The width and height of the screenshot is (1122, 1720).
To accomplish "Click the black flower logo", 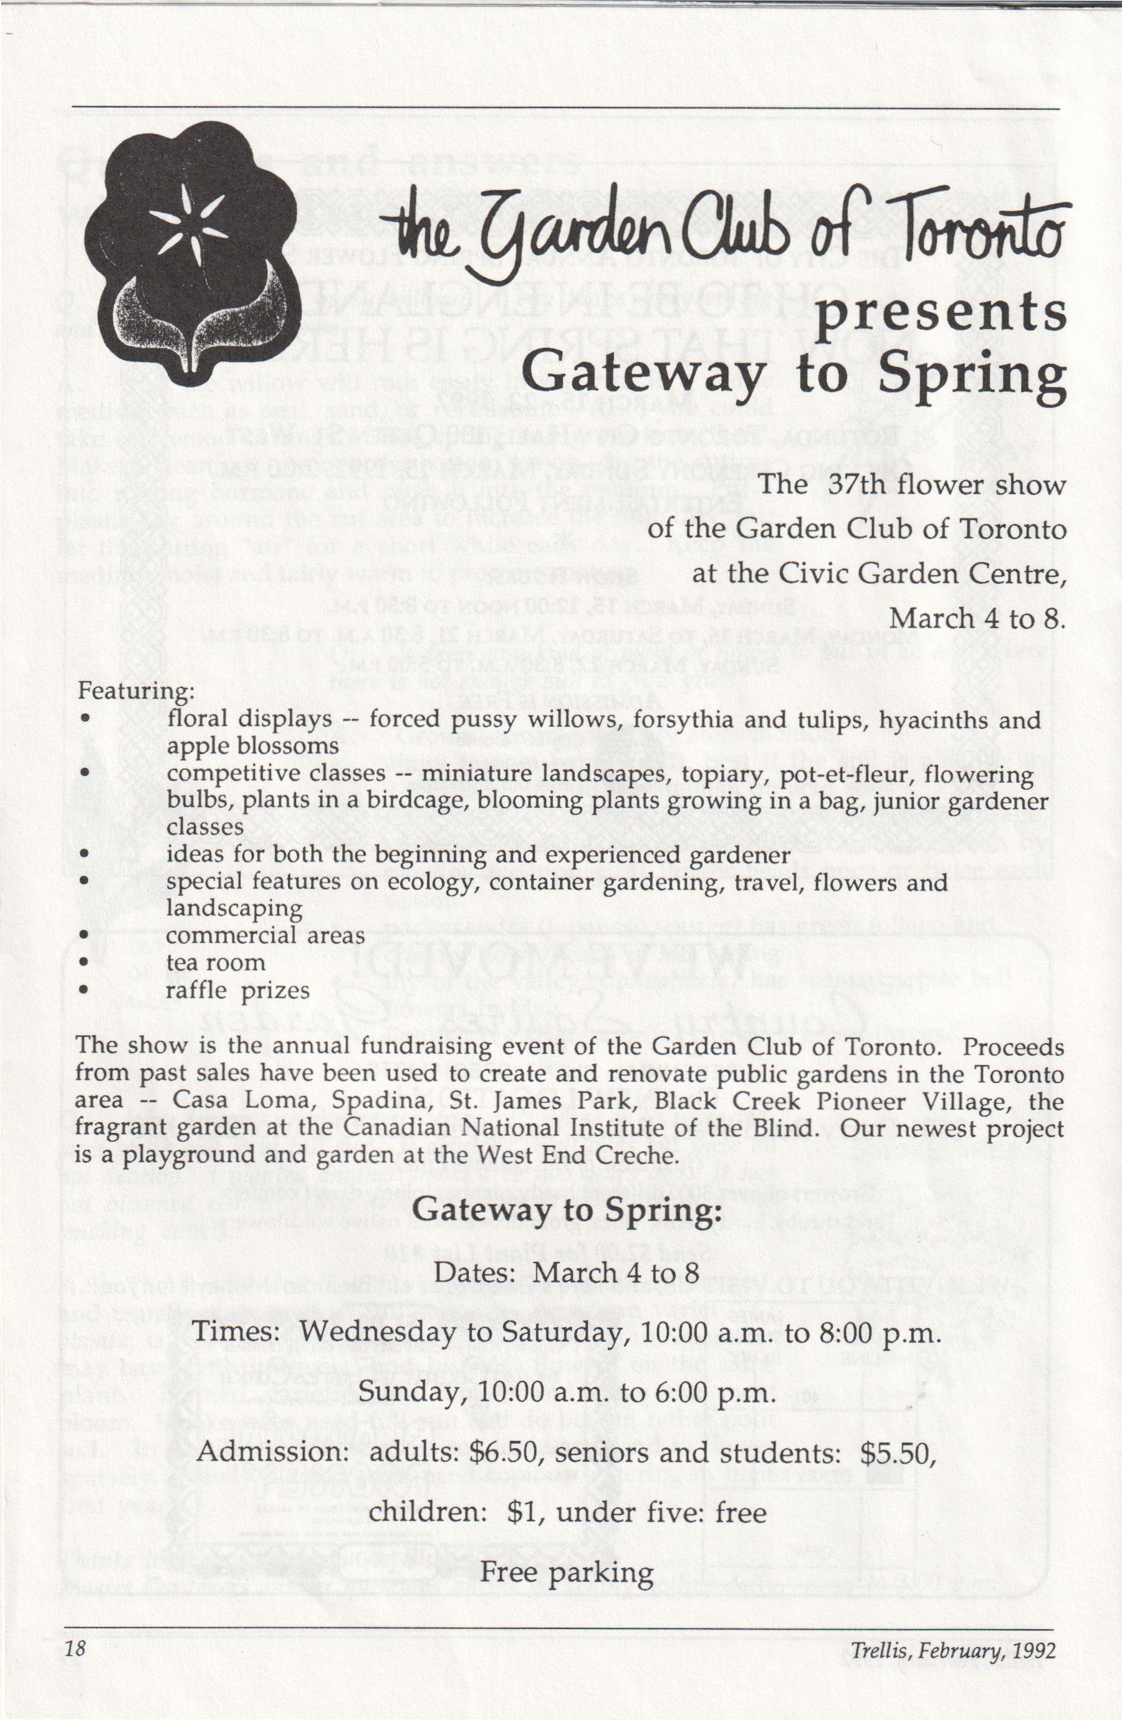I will click(x=190, y=246).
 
